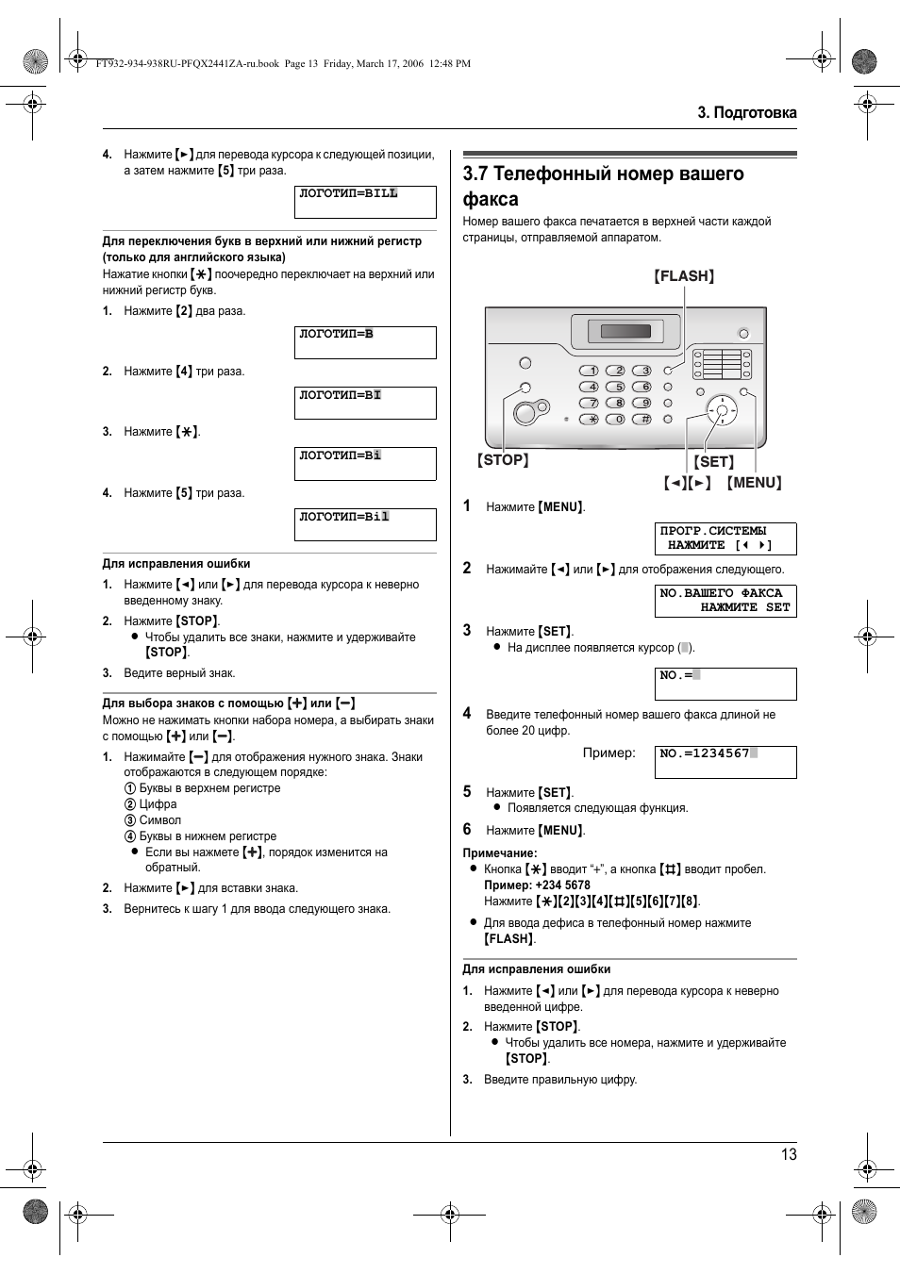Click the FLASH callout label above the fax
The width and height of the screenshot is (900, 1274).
(x=684, y=276)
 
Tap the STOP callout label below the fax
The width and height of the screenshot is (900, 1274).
(x=503, y=460)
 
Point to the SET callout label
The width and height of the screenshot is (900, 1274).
(x=714, y=462)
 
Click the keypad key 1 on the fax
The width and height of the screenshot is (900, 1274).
(x=590, y=371)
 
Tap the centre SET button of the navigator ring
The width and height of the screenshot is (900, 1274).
(x=723, y=410)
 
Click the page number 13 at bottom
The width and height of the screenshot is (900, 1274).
(x=789, y=1154)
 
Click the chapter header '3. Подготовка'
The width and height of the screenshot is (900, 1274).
(x=747, y=112)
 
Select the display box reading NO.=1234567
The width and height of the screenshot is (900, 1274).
(x=725, y=762)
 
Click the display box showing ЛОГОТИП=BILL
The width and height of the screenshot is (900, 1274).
(x=365, y=202)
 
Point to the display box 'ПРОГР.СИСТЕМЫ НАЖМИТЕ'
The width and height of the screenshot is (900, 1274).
(x=725, y=538)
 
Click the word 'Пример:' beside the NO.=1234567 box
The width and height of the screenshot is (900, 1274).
(x=608, y=753)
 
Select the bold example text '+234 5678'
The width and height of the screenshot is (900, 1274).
(x=562, y=885)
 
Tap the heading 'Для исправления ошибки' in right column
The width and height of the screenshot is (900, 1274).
(x=536, y=969)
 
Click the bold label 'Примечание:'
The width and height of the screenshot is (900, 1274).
(x=499, y=853)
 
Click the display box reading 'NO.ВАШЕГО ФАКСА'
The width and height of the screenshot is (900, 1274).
(x=725, y=601)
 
